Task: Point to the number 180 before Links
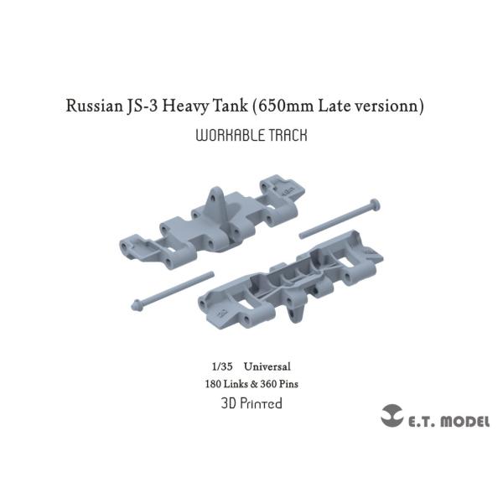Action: point(215,384)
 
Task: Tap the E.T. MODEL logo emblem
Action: point(392,417)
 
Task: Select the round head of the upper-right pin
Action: point(375,204)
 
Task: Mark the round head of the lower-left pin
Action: point(136,302)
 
